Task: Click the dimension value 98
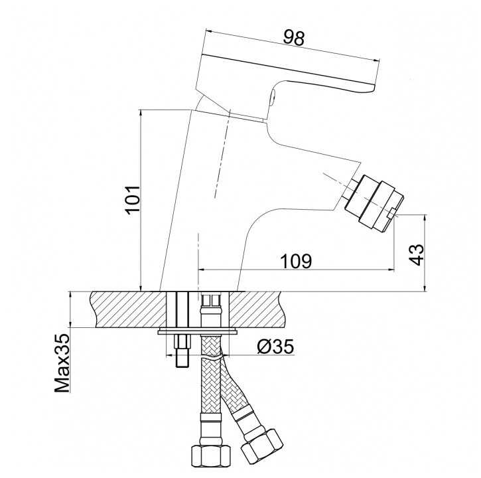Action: [x=293, y=38]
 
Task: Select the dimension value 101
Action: [x=132, y=199]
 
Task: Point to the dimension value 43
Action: [x=416, y=254]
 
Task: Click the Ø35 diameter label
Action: [x=275, y=347]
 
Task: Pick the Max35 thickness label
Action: [x=62, y=363]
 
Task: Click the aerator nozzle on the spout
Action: [x=374, y=202]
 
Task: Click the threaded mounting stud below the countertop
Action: [x=182, y=351]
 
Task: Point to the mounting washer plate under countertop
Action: [x=198, y=331]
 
